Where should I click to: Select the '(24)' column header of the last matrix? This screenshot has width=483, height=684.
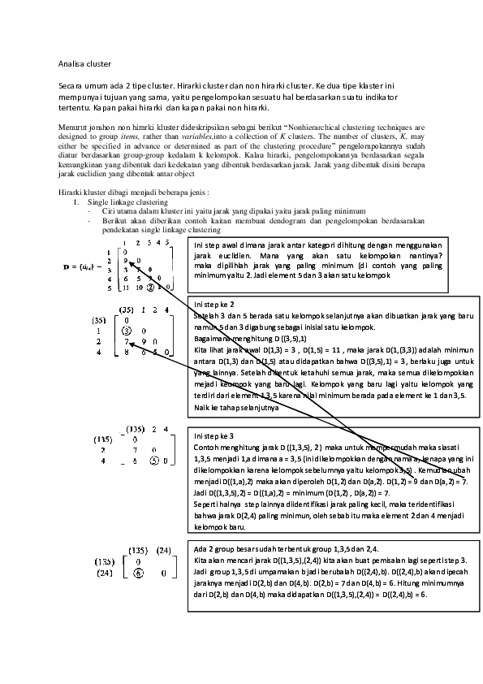[168, 549]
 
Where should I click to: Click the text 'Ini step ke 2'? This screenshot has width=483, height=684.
[214, 305]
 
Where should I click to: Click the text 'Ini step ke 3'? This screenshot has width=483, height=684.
[214, 436]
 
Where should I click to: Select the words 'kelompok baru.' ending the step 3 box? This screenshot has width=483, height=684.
[221, 526]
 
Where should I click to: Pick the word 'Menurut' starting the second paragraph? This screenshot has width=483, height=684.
[72, 127]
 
